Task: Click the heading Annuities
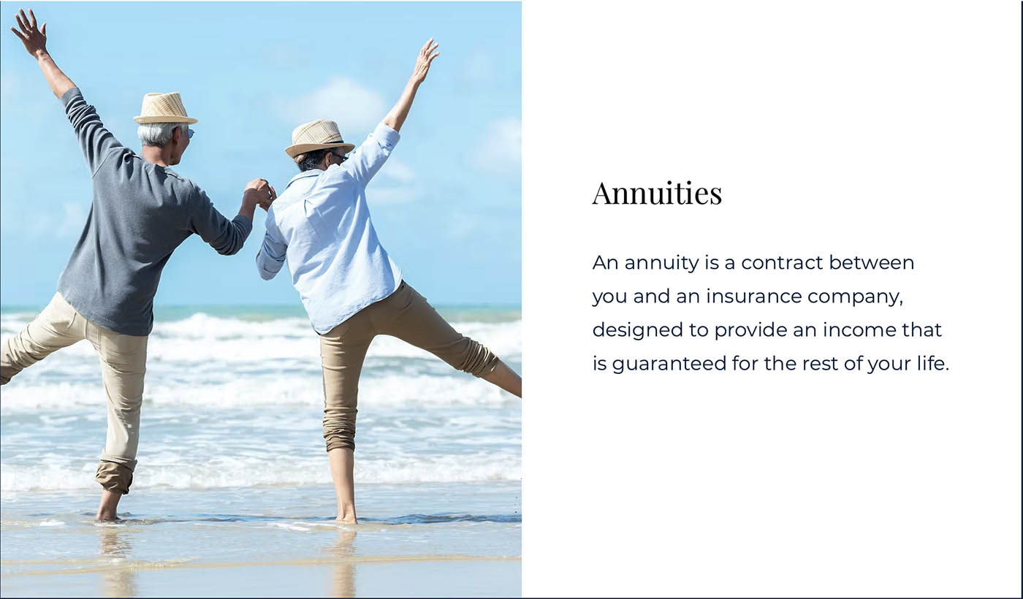(x=657, y=194)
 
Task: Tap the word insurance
(x=754, y=297)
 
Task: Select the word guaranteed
(x=669, y=365)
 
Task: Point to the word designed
(x=638, y=330)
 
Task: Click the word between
(x=871, y=262)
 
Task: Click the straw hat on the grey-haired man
(x=165, y=109)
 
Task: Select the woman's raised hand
(x=425, y=60)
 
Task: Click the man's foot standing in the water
(x=108, y=507)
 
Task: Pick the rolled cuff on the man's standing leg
(x=115, y=476)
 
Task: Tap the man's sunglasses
(x=191, y=133)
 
